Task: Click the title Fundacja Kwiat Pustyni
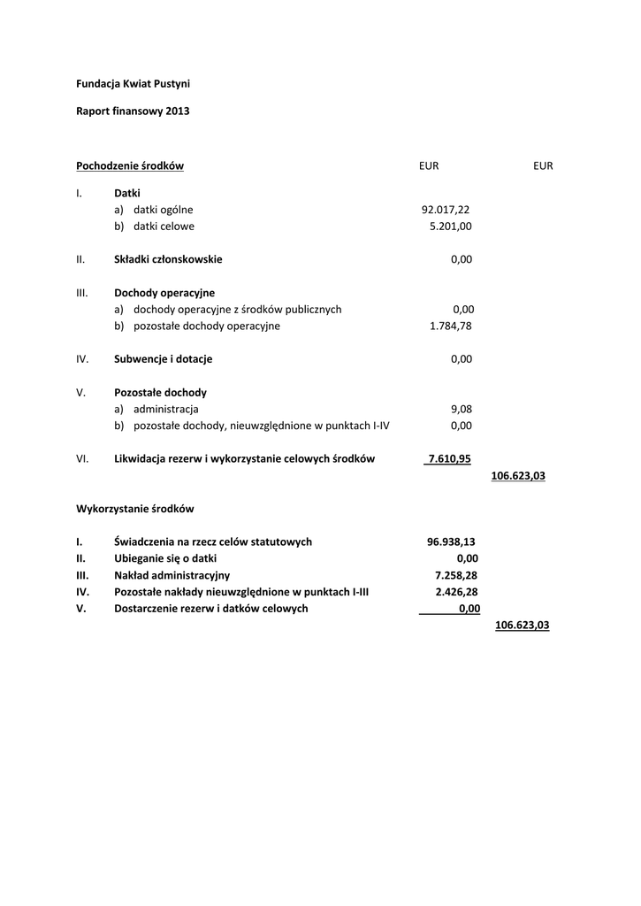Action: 133,83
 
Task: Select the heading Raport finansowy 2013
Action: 133,111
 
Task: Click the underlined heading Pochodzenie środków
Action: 129,165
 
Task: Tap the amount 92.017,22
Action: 446,210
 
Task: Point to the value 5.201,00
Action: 450,226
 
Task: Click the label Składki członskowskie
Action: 168,259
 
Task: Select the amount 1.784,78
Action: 451,326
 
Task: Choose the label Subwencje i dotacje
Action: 163,359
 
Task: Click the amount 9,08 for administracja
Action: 461,409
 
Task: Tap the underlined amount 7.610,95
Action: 449,458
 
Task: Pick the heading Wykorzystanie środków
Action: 134,509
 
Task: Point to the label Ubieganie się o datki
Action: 165,558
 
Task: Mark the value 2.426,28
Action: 456,592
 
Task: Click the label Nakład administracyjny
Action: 172,575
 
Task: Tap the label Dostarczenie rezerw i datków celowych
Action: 211,609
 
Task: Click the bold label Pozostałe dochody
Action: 160,392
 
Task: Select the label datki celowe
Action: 164,226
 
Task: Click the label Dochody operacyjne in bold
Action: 164,293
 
